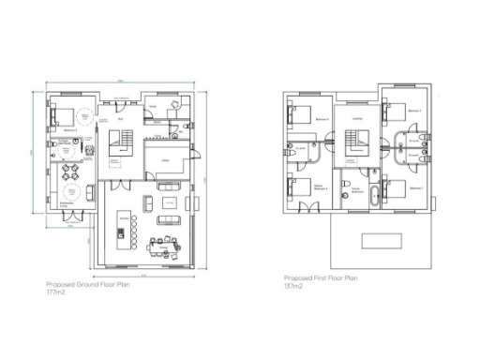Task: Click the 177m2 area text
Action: tap(54, 293)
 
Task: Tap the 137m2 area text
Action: tap(293, 286)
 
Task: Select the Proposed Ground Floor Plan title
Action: tap(87, 285)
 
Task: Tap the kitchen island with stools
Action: tap(124, 229)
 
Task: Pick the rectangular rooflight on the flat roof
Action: tap(382, 240)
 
